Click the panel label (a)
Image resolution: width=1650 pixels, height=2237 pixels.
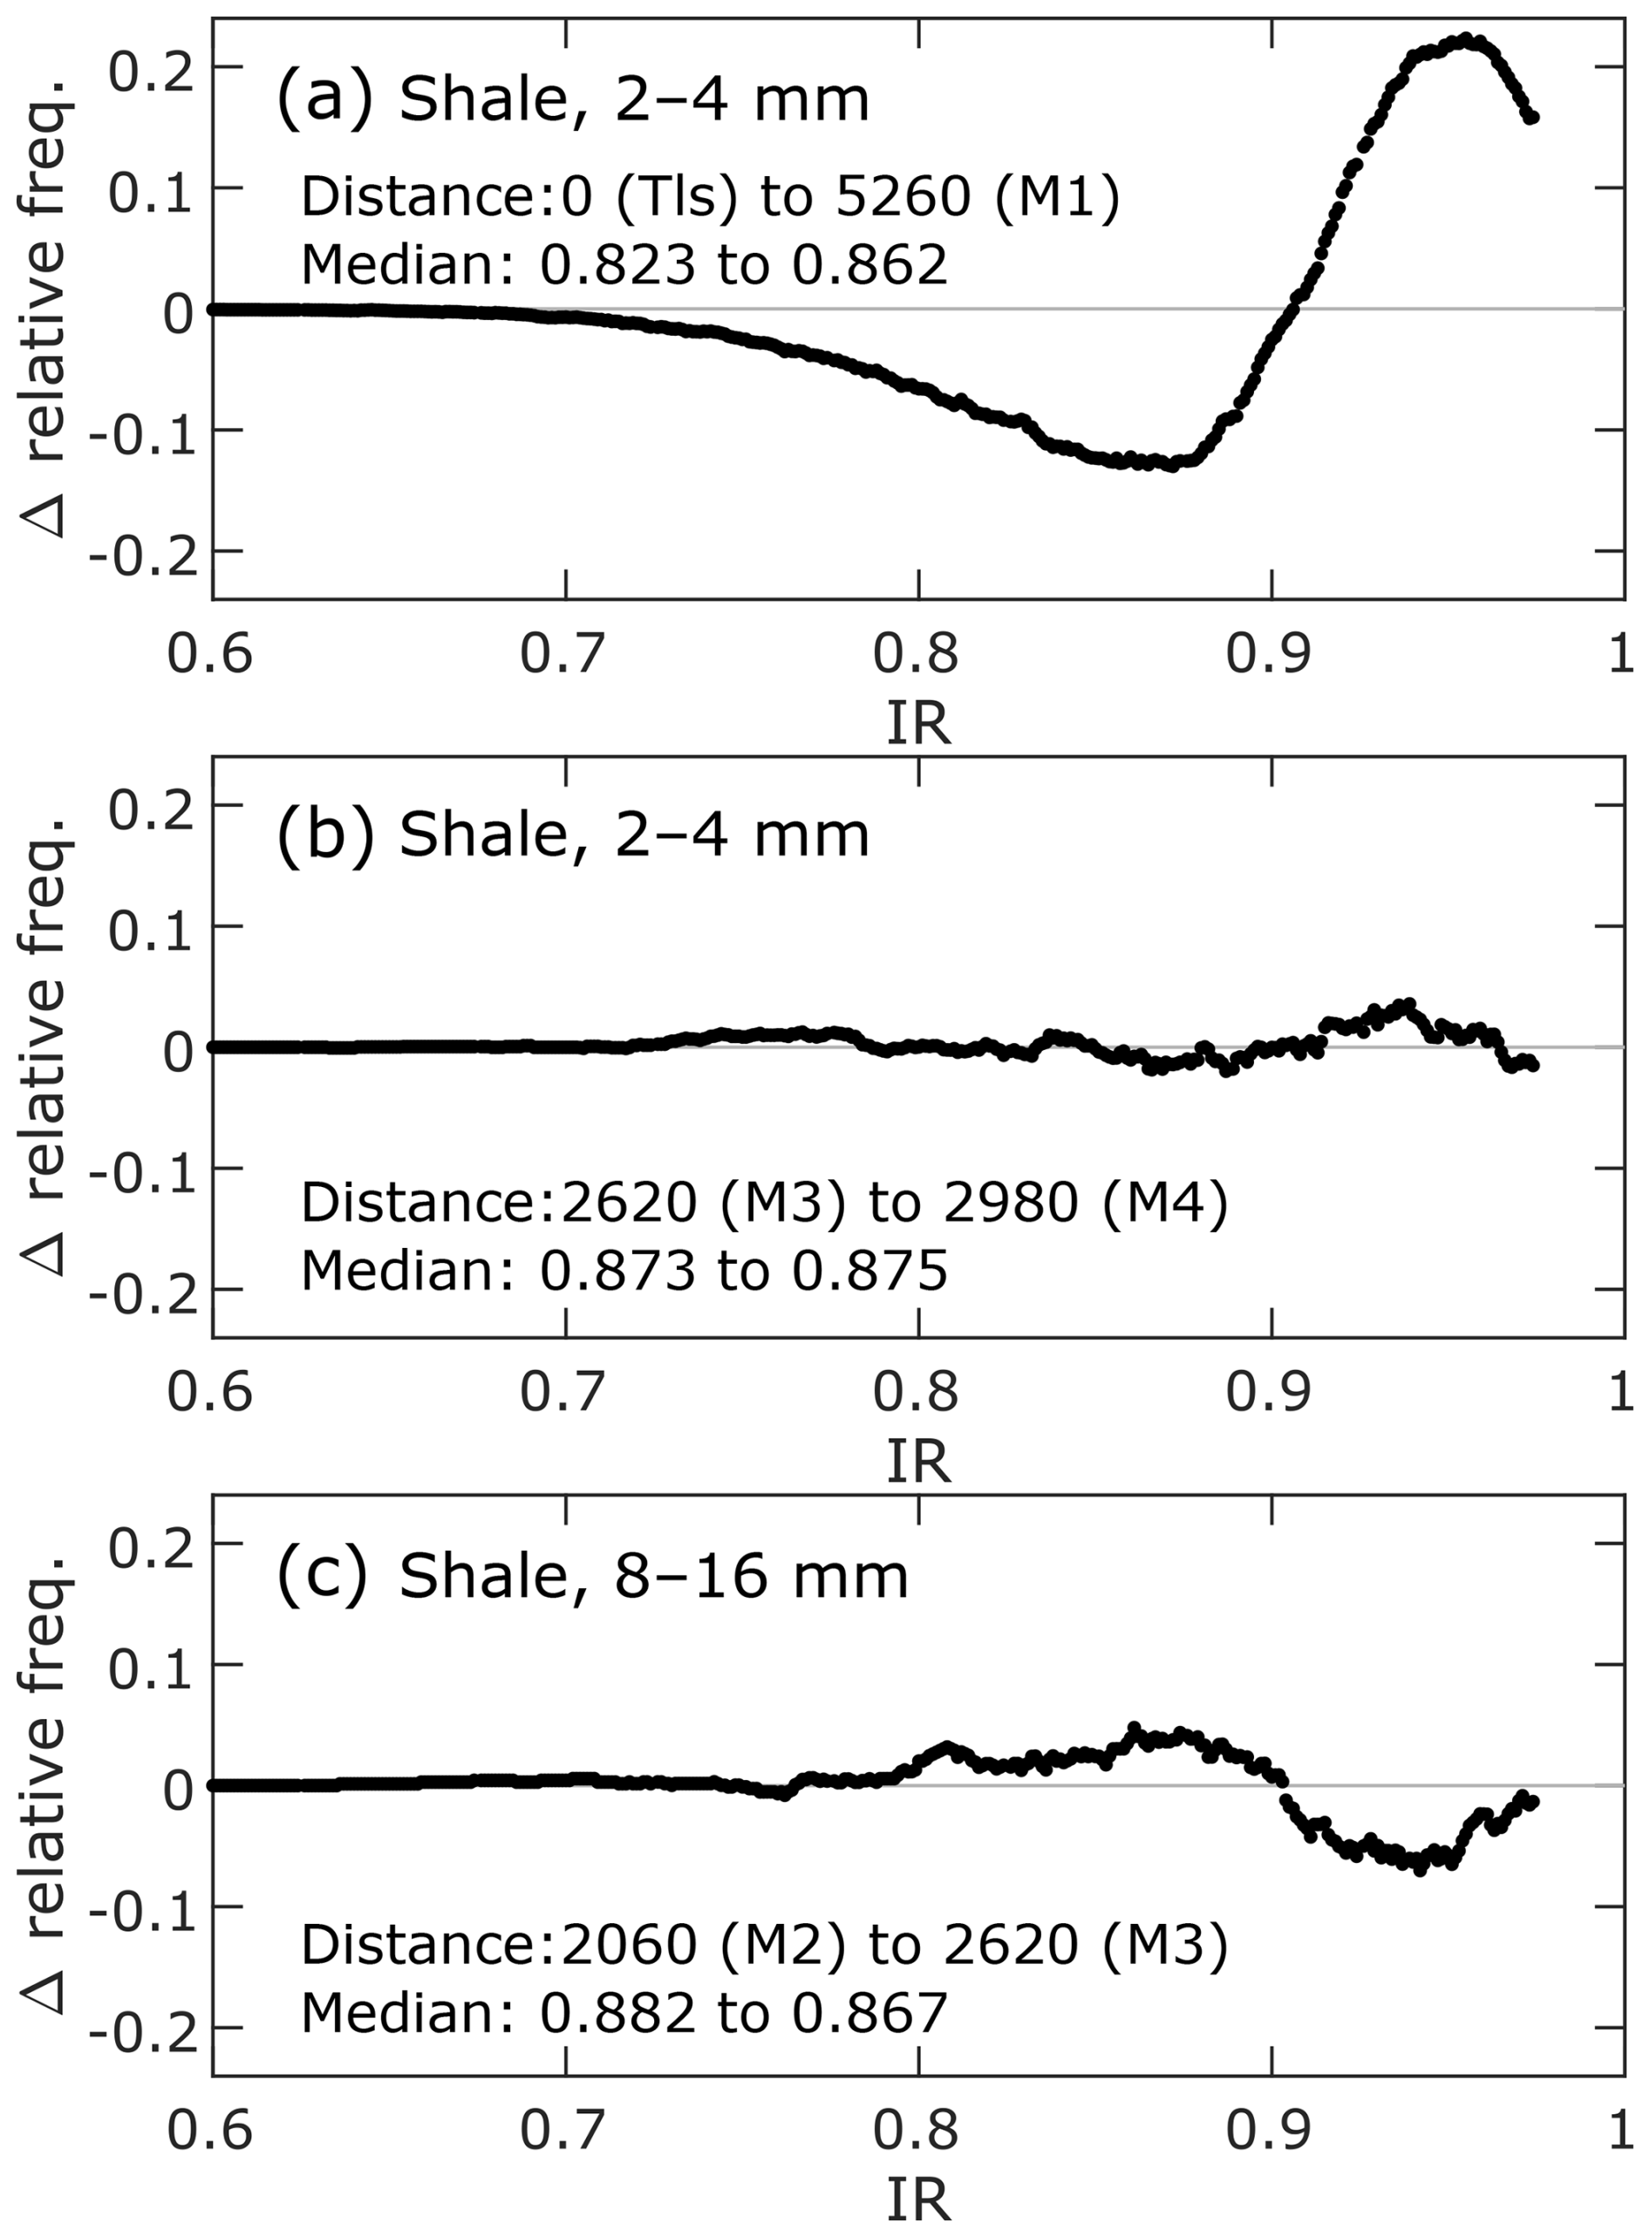click(x=324, y=98)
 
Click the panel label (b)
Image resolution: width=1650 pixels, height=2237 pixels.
click(x=324, y=835)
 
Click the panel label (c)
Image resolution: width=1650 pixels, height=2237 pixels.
click(x=322, y=1575)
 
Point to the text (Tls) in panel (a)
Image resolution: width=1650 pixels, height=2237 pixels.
click(x=676, y=195)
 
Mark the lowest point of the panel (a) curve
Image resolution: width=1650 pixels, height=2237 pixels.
click(x=1171, y=467)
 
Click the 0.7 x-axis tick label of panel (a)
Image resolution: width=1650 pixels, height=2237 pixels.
click(x=563, y=654)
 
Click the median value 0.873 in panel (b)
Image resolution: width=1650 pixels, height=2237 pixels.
click(x=617, y=1271)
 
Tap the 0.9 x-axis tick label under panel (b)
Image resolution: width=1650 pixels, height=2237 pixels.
click(x=1269, y=1391)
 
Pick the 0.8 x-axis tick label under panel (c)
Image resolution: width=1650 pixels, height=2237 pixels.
click(x=916, y=2130)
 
